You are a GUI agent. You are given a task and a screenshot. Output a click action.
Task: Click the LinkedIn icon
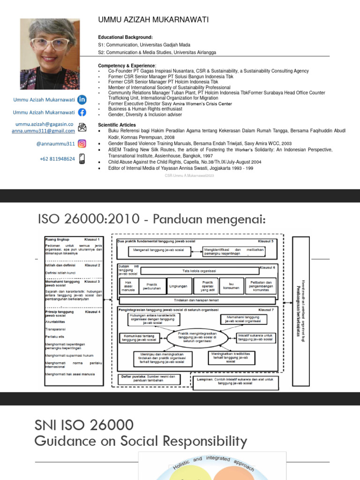point(82,99)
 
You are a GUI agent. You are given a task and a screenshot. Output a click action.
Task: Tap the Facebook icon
point(82,112)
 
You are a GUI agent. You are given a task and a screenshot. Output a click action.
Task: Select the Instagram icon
point(82,144)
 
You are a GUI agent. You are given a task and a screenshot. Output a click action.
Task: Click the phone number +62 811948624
point(57,159)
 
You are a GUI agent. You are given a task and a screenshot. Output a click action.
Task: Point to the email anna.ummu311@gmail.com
point(43,131)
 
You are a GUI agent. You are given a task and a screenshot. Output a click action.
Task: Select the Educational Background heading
point(125,37)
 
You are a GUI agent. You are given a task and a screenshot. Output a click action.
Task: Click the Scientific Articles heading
point(117,125)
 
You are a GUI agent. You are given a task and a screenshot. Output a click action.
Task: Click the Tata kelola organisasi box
point(199,271)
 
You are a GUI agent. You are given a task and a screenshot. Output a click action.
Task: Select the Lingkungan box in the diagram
point(178,285)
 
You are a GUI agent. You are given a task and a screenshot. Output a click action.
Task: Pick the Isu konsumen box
point(231,285)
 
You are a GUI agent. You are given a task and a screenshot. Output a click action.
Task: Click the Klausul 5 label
point(266,241)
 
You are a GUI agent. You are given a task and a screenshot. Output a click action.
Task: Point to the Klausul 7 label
point(266,310)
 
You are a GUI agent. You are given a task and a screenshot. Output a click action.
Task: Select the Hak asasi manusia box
point(128,285)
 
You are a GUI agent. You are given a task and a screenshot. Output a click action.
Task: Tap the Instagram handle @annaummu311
point(55,144)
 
